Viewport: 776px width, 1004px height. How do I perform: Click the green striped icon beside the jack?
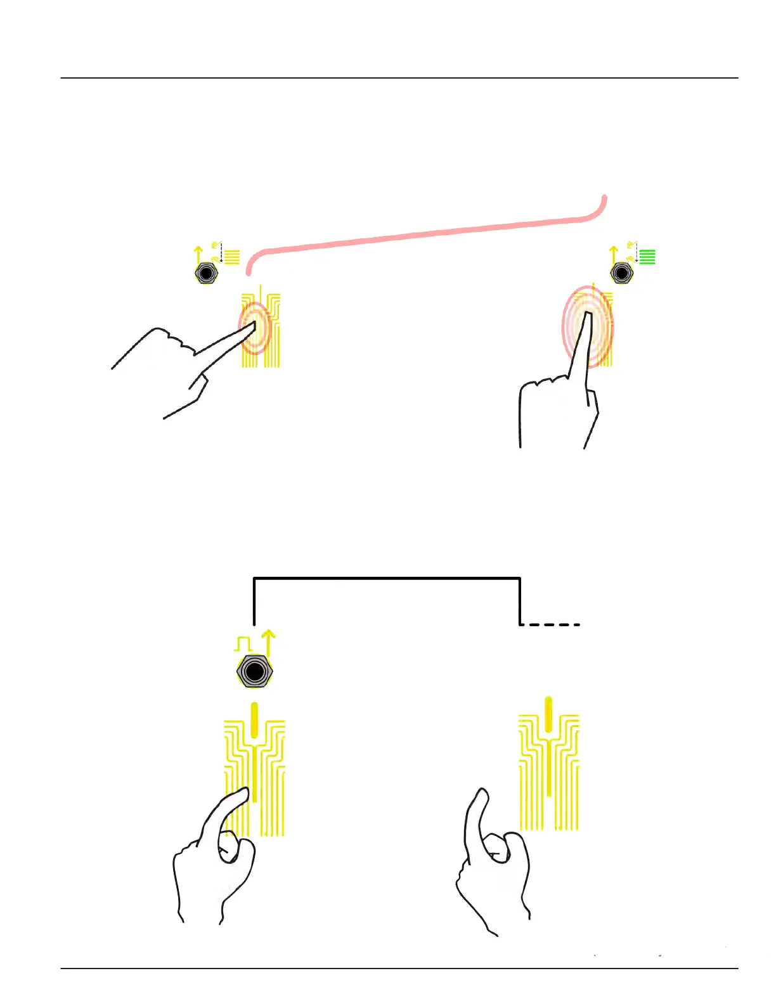(x=647, y=257)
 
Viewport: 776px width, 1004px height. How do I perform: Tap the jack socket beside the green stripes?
(x=621, y=273)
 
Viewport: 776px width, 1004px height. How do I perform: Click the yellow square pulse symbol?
(x=243, y=644)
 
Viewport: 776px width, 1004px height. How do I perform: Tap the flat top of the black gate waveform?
(x=387, y=578)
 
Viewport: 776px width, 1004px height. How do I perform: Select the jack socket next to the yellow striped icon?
(x=205, y=273)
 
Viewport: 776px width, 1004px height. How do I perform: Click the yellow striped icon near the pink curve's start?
(x=232, y=257)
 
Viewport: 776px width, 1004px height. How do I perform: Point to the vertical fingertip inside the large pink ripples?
(x=588, y=317)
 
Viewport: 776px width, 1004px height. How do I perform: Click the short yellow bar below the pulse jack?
(x=254, y=719)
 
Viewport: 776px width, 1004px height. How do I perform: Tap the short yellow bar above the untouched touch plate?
(x=548, y=714)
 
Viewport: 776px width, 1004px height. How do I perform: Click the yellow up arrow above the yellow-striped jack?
(x=198, y=255)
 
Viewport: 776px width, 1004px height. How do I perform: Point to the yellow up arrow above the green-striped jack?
(x=613, y=255)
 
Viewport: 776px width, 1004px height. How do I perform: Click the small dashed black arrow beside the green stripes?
(x=636, y=254)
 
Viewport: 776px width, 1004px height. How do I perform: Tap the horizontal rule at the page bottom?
(x=399, y=968)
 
